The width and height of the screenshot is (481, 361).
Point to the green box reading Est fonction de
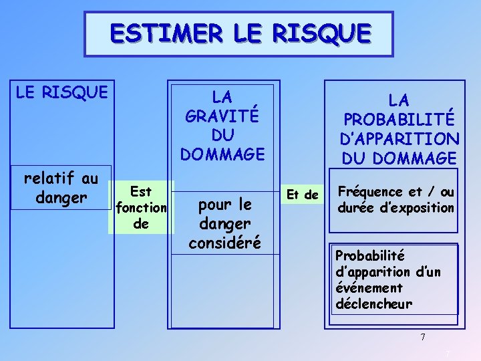(x=141, y=207)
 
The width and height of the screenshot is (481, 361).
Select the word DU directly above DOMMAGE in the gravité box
(x=222, y=134)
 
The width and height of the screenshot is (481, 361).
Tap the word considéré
(x=224, y=242)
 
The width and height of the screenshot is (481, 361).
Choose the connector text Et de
(x=302, y=195)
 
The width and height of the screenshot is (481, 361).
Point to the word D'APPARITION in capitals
(x=399, y=140)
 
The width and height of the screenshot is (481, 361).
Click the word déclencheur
(x=373, y=304)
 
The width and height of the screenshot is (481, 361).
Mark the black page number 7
(x=423, y=337)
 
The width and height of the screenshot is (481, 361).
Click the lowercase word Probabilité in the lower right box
(x=370, y=255)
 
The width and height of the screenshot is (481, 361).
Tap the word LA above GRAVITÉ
(x=222, y=96)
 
